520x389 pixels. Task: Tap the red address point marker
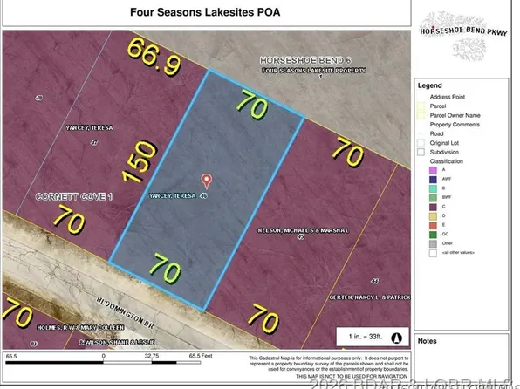tap(207, 181)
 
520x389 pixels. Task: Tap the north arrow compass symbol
tap(398, 338)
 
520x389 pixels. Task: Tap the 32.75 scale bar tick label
tap(154, 356)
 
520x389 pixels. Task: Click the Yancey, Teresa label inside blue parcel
tap(177, 196)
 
